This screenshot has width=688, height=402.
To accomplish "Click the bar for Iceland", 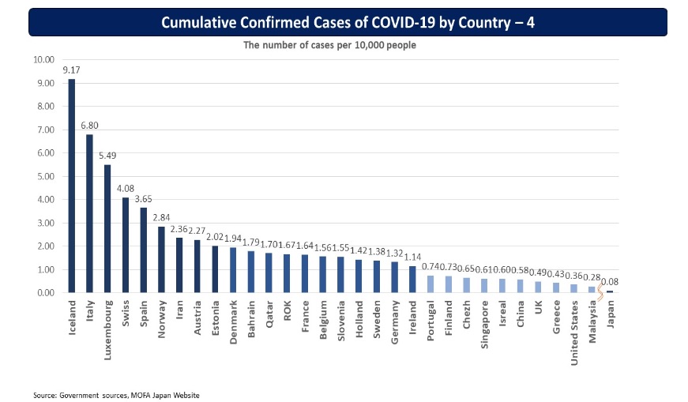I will click(72, 186).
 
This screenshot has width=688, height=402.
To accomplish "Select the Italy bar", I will click(89, 213).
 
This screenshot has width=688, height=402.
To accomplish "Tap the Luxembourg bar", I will click(107, 228).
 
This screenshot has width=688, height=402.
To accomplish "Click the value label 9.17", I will click(72, 71).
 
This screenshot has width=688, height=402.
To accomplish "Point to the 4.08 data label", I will click(125, 189).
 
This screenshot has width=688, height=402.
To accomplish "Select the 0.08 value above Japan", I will click(609, 281).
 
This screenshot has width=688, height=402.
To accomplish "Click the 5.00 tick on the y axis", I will click(43, 176).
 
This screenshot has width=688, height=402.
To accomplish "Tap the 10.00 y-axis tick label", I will click(43, 60).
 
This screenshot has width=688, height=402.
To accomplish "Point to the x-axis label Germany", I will click(395, 321).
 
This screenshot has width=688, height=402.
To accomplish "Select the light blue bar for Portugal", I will click(430, 284).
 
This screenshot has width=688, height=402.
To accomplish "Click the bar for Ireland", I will click(412, 279).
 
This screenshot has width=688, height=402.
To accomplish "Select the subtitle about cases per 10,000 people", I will click(329, 45).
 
